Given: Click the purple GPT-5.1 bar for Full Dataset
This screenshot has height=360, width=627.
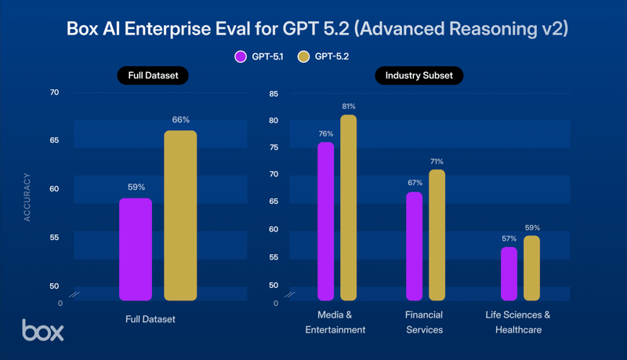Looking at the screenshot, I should [x=136, y=249].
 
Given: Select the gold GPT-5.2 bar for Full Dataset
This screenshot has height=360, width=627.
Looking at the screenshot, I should [x=180, y=216].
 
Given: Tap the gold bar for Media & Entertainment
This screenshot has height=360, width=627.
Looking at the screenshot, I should [x=349, y=208].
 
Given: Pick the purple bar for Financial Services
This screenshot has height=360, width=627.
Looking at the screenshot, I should [x=415, y=246].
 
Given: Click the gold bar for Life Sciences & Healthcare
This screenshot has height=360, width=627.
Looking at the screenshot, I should [x=532, y=268].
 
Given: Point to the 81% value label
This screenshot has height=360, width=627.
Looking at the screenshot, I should [x=349, y=107].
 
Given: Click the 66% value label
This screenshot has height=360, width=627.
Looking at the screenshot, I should [x=181, y=120].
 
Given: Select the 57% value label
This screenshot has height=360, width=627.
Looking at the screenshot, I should [x=509, y=238].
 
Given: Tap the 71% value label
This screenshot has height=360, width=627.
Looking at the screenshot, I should [x=437, y=162].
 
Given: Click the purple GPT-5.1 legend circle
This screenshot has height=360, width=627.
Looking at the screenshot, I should [x=241, y=56].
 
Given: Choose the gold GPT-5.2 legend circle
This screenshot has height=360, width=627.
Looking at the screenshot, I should [x=305, y=56].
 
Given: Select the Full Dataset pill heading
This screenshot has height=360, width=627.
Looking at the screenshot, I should [x=153, y=76].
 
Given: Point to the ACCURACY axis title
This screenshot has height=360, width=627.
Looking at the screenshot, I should [x=27, y=196].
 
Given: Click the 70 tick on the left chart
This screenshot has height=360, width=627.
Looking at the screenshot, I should [x=54, y=93].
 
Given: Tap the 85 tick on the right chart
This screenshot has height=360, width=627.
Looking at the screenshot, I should [x=274, y=94].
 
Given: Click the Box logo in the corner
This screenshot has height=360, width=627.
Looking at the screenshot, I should [x=43, y=329].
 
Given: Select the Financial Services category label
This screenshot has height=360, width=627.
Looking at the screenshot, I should [x=424, y=322].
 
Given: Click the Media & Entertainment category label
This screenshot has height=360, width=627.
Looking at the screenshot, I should [x=335, y=322].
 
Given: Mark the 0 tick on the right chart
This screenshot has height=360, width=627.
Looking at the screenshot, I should [x=274, y=303].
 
